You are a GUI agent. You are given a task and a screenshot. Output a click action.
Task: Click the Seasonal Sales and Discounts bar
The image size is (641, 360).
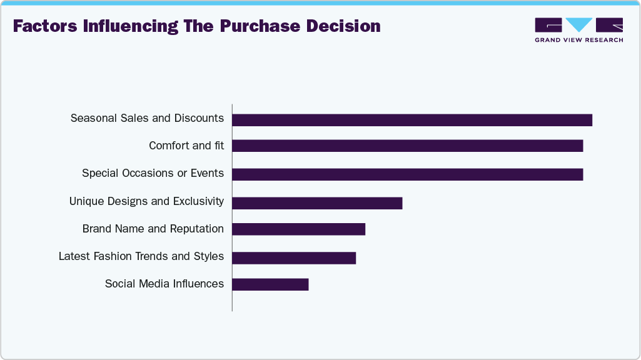pyautogui.click(x=412, y=120)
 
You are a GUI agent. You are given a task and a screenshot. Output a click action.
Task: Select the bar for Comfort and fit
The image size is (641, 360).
pyautogui.click(x=407, y=146)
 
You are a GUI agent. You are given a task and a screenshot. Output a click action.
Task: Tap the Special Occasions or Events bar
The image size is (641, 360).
pyautogui.click(x=407, y=174)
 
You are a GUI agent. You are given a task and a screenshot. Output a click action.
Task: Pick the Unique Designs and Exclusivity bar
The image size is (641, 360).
pyautogui.click(x=317, y=203)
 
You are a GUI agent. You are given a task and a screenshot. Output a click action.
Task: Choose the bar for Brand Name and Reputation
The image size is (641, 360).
pyautogui.click(x=298, y=229)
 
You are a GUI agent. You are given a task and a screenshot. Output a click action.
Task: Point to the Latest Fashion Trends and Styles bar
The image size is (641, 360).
pyautogui.click(x=294, y=257)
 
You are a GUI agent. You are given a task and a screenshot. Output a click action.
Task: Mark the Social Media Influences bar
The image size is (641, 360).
pyautogui.click(x=270, y=284)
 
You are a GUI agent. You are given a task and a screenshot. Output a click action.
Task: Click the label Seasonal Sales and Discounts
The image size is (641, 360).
pyautogui.click(x=147, y=118)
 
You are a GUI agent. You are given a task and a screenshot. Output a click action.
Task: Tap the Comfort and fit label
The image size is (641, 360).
pyautogui.click(x=186, y=146)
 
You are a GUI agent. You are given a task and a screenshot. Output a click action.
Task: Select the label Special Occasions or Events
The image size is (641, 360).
pyautogui.click(x=153, y=173)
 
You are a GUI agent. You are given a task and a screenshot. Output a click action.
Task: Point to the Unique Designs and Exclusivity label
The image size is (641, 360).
pyautogui.click(x=146, y=201)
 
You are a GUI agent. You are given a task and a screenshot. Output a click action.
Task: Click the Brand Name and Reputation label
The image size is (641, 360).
pyautogui.click(x=153, y=229)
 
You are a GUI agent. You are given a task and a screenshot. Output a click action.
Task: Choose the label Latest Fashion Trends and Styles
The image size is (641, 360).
pyautogui.click(x=141, y=256)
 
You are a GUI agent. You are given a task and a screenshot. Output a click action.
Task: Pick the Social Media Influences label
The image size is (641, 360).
pyautogui.click(x=164, y=284)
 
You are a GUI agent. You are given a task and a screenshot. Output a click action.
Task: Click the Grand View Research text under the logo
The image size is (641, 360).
pyautogui.click(x=578, y=40)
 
